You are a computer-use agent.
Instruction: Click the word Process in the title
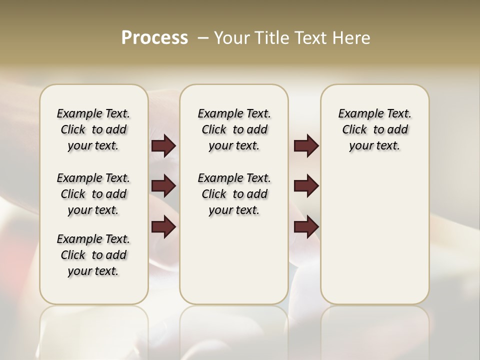click(x=154, y=38)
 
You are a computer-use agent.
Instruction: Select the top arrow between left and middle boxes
click(x=163, y=146)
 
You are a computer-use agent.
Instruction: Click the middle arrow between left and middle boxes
click(x=163, y=186)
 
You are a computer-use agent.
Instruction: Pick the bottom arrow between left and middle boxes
click(x=163, y=226)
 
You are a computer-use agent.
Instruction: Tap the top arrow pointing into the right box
click(x=306, y=146)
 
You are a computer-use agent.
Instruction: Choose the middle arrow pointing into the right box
click(x=306, y=186)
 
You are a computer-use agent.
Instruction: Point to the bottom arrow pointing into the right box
click(x=306, y=226)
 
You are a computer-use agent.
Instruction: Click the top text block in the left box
click(x=93, y=129)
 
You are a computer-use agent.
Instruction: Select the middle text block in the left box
click(x=93, y=194)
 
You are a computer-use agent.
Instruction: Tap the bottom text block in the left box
click(x=93, y=255)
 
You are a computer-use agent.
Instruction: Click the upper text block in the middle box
click(x=234, y=129)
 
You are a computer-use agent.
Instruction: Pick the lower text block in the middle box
click(x=234, y=194)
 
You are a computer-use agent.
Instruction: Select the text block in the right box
click(x=374, y=129)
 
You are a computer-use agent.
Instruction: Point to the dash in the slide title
click(x=203, y=38)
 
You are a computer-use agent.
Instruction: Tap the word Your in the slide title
click(x=230, y=38)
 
